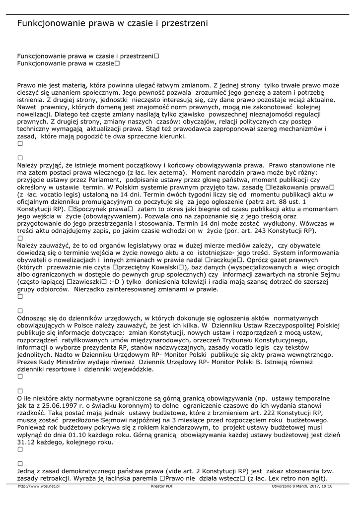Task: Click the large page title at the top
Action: (x=112, y=23)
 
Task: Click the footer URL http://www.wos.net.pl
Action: (x=39, y=486)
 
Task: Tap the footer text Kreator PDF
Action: (x=162, y=486)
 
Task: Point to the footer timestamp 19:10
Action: (x=326, y=486)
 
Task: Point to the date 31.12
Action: (x=27, y=442)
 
